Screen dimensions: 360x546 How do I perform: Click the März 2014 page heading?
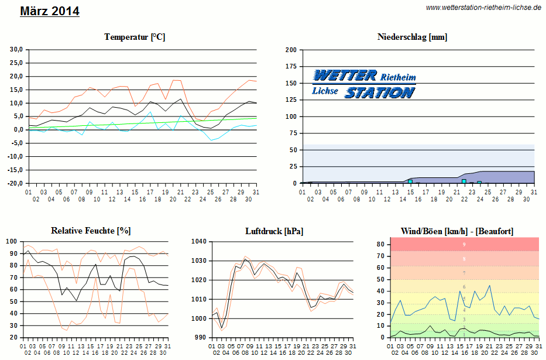[50, 11]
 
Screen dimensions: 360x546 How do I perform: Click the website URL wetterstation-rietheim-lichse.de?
[483, 7]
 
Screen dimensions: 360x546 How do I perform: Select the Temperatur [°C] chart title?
[135, 37]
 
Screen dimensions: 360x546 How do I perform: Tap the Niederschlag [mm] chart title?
[413, 37]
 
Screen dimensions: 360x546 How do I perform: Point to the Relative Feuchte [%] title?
[91, 231]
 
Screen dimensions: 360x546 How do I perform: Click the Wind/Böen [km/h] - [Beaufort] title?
[457, 231]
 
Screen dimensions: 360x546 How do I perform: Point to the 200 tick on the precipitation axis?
[291, 50]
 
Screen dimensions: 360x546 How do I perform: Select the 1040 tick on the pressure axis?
[199, 241]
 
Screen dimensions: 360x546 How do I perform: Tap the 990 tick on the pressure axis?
[201, 338]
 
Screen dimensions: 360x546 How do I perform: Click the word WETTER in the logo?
[345, 76]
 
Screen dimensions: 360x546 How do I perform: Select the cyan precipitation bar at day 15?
[410, 181]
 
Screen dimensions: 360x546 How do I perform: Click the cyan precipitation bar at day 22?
[464, 181]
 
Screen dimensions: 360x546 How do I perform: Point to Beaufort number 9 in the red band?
[464, 244]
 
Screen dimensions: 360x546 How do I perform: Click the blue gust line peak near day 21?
[489, 286]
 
